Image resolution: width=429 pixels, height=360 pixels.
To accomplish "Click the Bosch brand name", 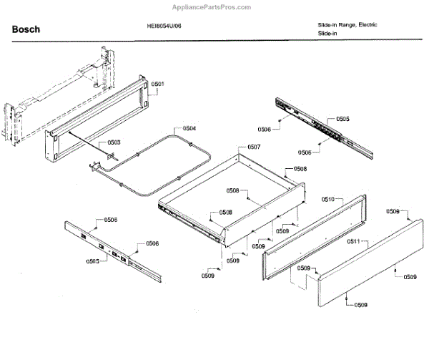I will [26, 30].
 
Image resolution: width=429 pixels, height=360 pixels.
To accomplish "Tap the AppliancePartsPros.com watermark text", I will [214, 7].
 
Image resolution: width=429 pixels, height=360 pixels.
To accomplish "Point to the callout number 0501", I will [157, 84].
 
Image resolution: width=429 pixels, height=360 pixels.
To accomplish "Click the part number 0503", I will [114, 142].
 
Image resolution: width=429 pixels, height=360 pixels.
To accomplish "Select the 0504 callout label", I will [189, 129].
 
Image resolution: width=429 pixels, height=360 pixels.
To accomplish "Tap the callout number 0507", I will [254, 147].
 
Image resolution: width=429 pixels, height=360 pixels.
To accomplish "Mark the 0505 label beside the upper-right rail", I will [343, 119].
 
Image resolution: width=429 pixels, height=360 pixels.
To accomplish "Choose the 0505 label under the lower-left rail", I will [93, 261].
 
